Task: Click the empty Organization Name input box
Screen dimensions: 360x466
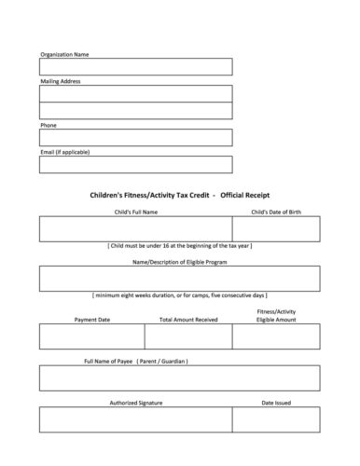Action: [x=135, y=66]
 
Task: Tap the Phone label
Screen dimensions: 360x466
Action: [x=48, y=124]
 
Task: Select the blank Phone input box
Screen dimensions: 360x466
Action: [x=135, y=137]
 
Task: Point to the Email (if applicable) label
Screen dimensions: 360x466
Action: [x=65, y=151]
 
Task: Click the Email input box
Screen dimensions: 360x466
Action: [x=135, y=164]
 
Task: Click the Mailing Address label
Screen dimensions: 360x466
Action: [x=61, y=81]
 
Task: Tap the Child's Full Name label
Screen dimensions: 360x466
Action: [x=134, y=212]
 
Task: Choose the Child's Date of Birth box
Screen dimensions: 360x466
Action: [x=275, y=228]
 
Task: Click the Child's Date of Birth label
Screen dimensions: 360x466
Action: [x=276, y=212]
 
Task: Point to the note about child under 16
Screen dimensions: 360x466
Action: [x=179, y=245]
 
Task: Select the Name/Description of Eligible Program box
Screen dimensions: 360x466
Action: [x=179, y=278]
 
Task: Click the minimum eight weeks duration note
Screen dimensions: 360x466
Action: [x=179, y=295]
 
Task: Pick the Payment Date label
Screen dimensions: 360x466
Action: [x=91, y=319]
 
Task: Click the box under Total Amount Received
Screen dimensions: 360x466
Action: [x=188, y=336]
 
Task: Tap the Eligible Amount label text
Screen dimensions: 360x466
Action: [x=276, y=319]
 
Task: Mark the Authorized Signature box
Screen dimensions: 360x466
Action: [x=135, y=419]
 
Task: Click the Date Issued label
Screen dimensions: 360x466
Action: [x=276, y=403]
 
